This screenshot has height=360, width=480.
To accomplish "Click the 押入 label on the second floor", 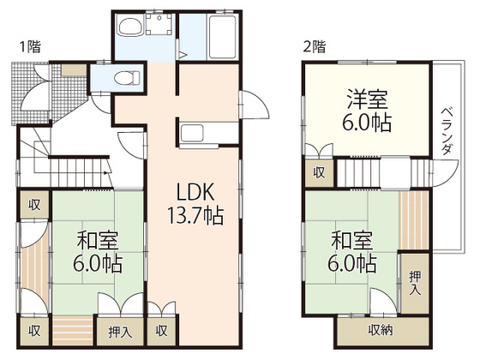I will (415, 280).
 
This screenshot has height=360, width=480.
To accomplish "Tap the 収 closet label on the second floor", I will (319, 172).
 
